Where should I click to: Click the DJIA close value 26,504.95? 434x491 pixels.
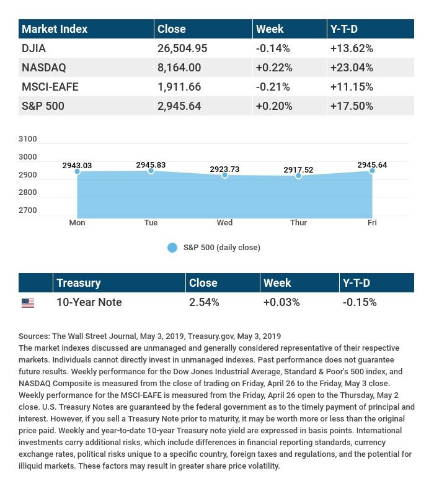coord(182,48)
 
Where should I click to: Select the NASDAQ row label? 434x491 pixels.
coord(43,68)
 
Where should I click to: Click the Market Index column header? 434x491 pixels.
coord(55,29)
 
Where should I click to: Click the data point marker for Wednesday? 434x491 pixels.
coord(224,176)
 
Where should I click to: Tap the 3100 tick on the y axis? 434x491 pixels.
coord(28,139)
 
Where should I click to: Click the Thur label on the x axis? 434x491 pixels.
coord(298,223)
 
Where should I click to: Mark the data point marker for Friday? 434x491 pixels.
coord(372,171)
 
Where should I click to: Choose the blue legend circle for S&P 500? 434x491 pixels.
coord(172,248)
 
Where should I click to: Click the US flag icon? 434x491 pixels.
coord(28,303)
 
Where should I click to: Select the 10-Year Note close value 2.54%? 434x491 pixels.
coord(204,302)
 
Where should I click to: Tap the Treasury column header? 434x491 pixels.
coord(78,283)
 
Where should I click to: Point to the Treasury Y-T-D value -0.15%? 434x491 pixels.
coord(360,302)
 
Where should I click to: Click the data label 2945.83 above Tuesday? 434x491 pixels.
coord(151,165)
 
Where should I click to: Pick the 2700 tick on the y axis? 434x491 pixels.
coord(28,210)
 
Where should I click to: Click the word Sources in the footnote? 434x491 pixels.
coord(34,336)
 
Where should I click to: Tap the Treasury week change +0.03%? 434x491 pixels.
coord(281,302)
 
